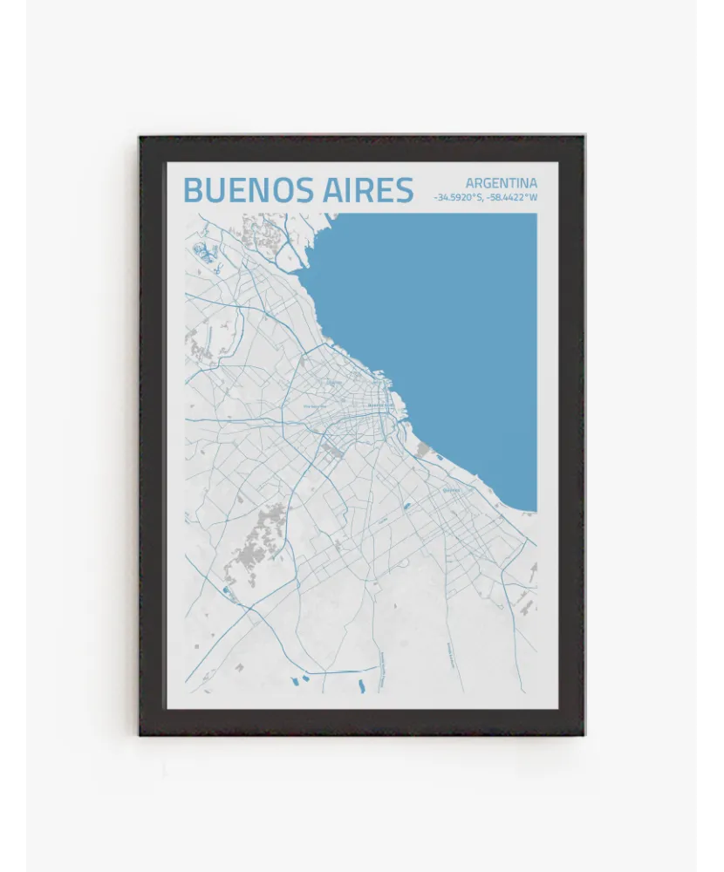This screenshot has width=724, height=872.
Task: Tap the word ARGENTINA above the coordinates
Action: (x=501, y=183)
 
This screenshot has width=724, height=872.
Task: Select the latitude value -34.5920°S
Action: (x=459, y=198)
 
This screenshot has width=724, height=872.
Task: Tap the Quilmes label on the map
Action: (x=451, y=490)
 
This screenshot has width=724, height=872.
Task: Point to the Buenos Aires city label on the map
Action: (x=381, y=406)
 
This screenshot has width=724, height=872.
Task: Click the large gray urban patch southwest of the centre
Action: (x=267, y=532)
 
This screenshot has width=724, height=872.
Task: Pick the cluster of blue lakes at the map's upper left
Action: (x=202, y=253)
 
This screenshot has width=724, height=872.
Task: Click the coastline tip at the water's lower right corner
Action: (x=534, y=510)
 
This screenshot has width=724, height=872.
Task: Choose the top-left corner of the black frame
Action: (x=140, y=137)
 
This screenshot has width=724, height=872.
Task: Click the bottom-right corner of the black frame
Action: (x=584, y=734)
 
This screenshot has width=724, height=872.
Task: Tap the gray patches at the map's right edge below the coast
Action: (x=528, y=593)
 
